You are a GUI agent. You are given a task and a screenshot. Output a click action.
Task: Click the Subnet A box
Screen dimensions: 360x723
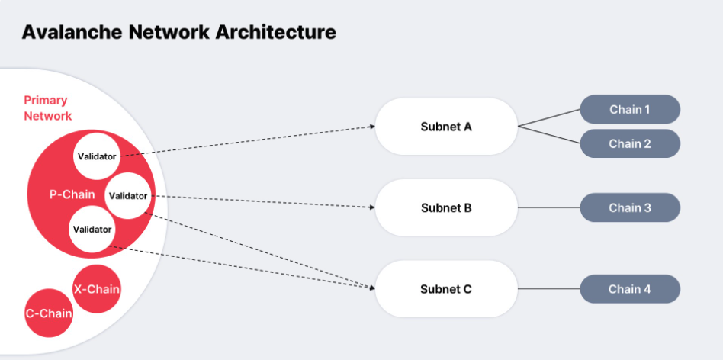pos(446,126)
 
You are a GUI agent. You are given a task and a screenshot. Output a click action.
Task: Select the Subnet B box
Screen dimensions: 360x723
pos(446,207)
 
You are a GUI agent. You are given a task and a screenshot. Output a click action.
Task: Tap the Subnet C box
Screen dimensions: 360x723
pos(446,289)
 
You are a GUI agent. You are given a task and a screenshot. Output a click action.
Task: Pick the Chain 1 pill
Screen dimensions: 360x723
pos(629,109)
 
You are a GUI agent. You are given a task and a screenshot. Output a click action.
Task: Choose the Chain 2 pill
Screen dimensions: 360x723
pos(629,143)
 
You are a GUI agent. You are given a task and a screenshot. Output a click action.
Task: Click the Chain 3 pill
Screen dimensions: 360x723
pos(629,207)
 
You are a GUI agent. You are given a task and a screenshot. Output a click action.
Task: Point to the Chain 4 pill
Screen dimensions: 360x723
pos(629,289)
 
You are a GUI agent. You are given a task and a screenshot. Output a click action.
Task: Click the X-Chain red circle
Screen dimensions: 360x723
pos(96,289)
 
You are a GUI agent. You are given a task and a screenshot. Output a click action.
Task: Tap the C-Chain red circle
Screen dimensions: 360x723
pos(49,313)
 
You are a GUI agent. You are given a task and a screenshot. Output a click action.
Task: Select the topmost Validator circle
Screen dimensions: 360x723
pos(97,156)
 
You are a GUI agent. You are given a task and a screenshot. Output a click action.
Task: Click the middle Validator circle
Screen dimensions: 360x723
pos(127,195)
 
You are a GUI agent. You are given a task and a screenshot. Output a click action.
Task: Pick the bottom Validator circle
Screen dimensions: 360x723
pos(92,229)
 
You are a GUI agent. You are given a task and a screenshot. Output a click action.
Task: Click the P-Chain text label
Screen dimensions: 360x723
pos(72,194)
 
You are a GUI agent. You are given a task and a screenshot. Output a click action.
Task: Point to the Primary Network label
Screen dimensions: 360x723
pos(47,108)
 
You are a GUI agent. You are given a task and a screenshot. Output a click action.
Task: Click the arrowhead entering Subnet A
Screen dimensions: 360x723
pos(371,127)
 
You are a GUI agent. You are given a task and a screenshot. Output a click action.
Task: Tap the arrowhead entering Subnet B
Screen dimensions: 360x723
pos(371,207)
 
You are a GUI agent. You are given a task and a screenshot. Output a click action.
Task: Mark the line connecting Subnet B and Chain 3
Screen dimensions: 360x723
pos(549,207)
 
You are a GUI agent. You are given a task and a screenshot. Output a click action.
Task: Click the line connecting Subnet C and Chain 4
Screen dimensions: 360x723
pos(549,289)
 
